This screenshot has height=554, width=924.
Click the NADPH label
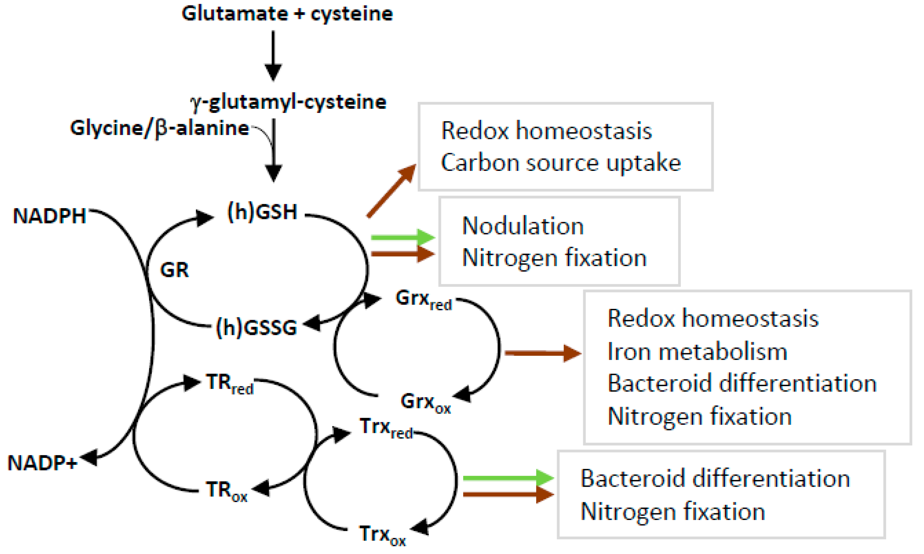(x=49, y=216)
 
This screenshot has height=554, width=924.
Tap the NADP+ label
(x=42, y=463)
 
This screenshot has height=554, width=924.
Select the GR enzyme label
(x=174, y=270)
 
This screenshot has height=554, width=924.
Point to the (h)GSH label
(x=262, y=212)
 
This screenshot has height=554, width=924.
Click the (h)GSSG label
(x=257, y=327)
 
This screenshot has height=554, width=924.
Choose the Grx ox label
(x=425, y=403)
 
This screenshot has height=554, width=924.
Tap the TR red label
(x=230, y=383)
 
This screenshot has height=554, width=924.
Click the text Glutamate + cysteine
(x=287, y=14)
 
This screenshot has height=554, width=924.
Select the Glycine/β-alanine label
(x=159, y=128)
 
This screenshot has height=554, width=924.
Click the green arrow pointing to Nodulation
(x=403, y=237)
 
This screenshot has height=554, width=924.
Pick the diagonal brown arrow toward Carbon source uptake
(x=391, y=191)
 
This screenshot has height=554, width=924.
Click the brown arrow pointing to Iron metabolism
(x=543, y=353)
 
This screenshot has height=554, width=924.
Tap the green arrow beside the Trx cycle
(x=508, y=478)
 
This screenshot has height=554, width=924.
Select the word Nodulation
(x=523, y=226)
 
